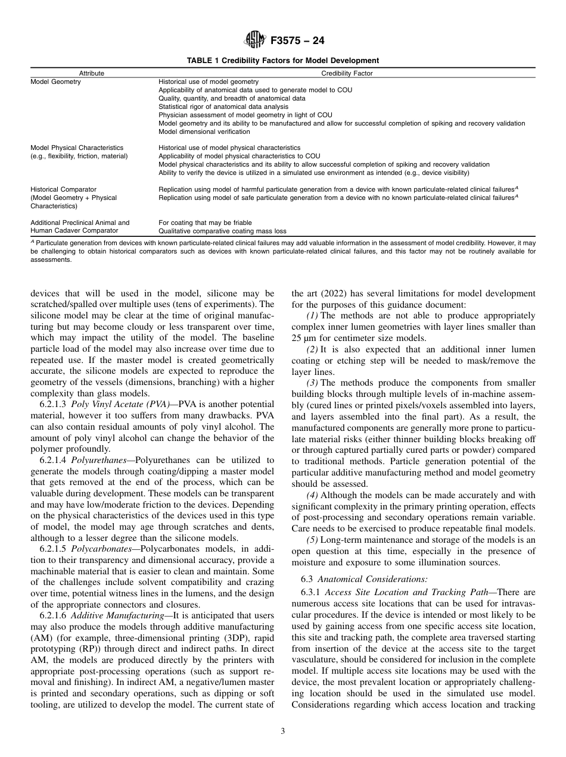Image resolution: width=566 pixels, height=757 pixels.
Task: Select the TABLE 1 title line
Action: [282, 60]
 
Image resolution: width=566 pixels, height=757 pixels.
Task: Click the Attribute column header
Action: [91, 73]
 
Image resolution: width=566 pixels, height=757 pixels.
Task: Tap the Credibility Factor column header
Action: [347, 73]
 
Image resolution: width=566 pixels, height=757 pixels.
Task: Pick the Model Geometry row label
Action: [55, 82]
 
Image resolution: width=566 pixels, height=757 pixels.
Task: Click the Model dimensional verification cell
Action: [195, 132]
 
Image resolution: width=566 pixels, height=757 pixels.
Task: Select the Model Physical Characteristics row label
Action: [77, 147]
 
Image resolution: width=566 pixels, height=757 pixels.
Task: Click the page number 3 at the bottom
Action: [282, 731]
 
